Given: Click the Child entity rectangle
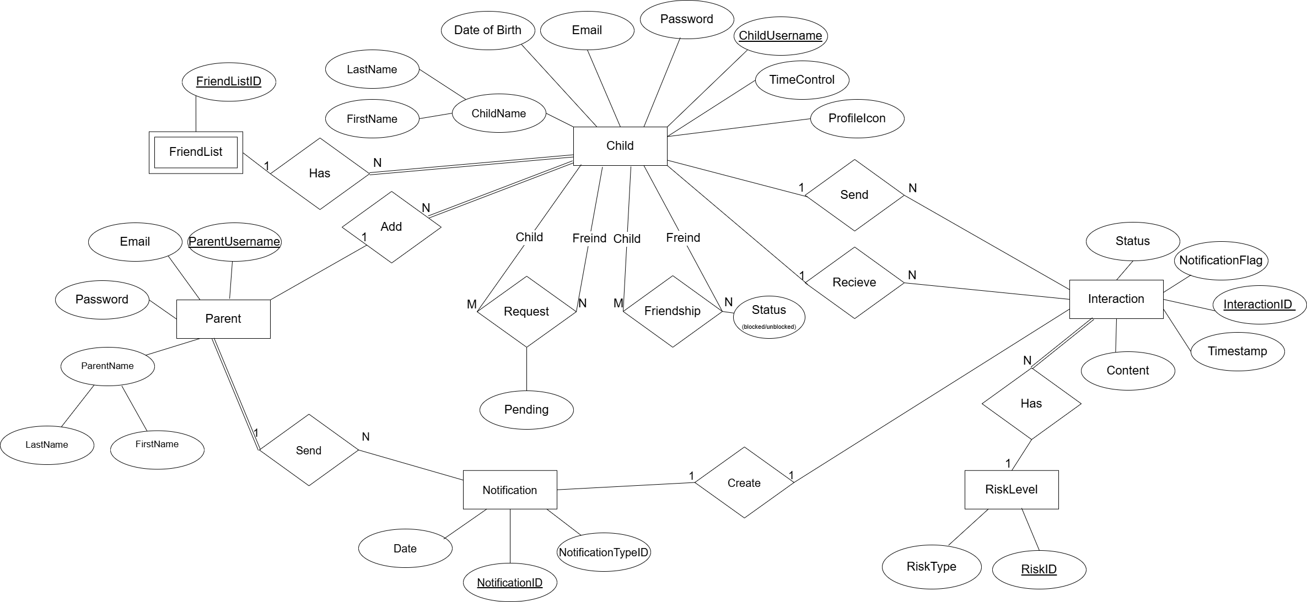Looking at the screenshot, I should point(620,146).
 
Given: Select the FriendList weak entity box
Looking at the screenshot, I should point(196,152).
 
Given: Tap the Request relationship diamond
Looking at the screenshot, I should point(526,312).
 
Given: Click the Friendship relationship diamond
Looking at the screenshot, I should point(673,311).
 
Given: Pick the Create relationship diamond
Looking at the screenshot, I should point(744,483).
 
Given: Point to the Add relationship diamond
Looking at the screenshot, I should point(391,227).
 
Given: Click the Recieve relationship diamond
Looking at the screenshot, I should point(854,283).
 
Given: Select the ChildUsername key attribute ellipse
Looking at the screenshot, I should point(781,36).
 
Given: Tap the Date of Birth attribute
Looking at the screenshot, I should point(488,30).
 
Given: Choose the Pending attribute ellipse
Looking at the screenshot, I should point(526,410).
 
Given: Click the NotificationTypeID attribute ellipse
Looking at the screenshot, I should point(604,552).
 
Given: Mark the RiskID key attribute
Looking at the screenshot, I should point(1039,570).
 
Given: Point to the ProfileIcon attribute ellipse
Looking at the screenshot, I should point(857,118).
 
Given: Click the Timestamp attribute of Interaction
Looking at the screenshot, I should point(1238,351).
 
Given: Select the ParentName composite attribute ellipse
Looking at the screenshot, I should point(107,366).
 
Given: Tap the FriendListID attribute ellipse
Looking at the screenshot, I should point(229,82).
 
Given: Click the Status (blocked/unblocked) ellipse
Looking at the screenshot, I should point(769,317).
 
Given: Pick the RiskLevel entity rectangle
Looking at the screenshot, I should point(1012,490).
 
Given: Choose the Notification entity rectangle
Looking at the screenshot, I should point(510,490).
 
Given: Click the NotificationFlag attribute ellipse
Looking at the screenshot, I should point(1221,261).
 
